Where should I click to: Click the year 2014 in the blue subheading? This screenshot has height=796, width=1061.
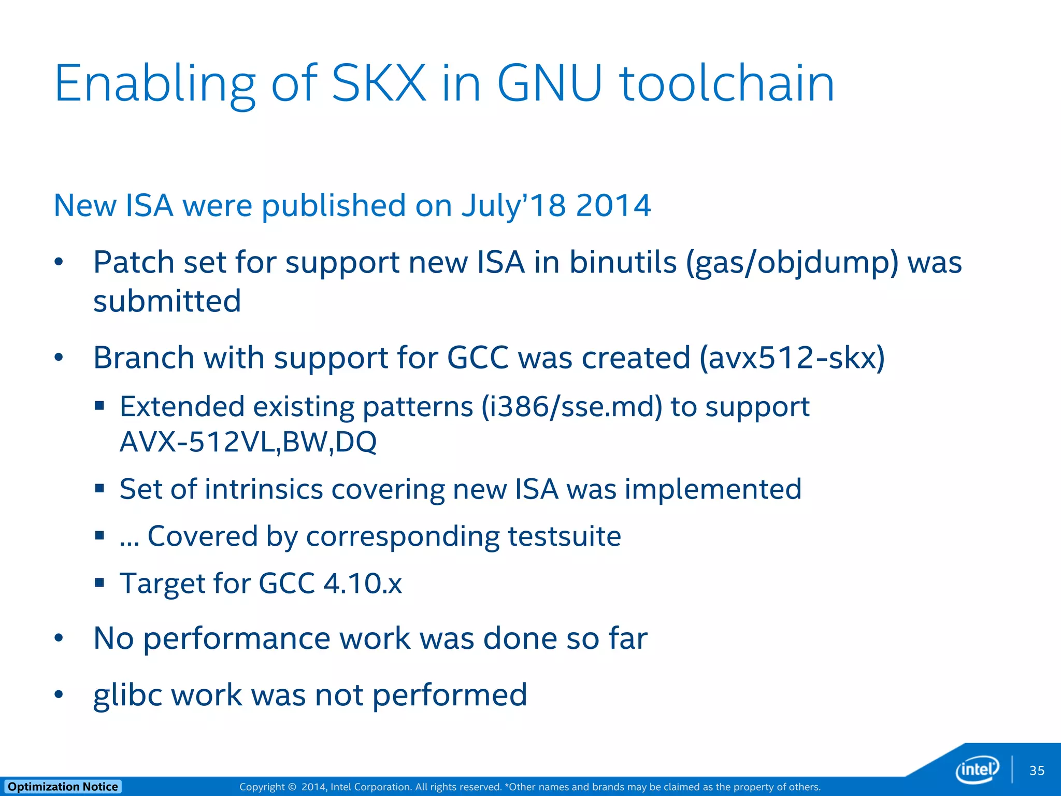pyautogui.click(x=613, y=205)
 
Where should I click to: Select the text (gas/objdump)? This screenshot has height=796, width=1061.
pyautogui.click(x=792, y=263)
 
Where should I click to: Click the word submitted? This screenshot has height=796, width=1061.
pyautogui.click(x=167, y=301)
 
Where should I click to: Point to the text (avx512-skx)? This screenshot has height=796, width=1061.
pyautogui.click(x=792, y=358)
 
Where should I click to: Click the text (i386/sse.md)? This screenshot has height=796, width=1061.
pyautogui.click(x=571, y=407)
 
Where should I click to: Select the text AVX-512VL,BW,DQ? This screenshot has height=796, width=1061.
pyautogui.click(x=248, y=442)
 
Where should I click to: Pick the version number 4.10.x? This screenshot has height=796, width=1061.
pyautogui.click(x=362, y=584)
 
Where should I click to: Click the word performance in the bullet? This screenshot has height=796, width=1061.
pyautogui.click(x=236, y=638)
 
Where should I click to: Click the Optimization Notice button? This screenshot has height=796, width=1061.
pyautogui.click(x=63, y=787)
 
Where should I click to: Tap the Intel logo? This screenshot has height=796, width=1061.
pyautogui.click(x=977, y=769)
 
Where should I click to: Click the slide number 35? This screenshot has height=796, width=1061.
pyautogui.click(x=1037, y=771)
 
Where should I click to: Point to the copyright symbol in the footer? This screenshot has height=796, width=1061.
pyautogui.click(x=292, y=787)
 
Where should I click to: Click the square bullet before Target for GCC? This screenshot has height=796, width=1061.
pyautogui.click(x=99, y=582)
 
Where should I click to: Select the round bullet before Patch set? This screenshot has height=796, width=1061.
pyautogui.click(x=59, y=262)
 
